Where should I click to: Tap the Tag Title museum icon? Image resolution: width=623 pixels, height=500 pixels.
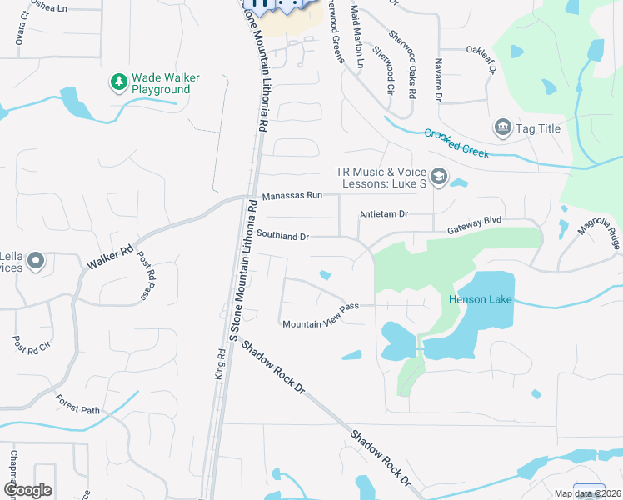click(502, 127)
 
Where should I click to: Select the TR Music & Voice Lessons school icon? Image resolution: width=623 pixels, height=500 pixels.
click(439, 177)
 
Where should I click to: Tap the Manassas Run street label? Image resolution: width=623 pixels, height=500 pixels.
click(292, 196)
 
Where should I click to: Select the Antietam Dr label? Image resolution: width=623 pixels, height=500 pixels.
click(383, 214)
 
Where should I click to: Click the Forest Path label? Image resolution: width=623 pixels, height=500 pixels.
click(77, 407)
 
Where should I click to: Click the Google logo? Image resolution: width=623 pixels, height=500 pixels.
click(27, 490)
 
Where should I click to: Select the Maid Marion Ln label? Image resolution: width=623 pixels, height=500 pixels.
click(357, 37)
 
